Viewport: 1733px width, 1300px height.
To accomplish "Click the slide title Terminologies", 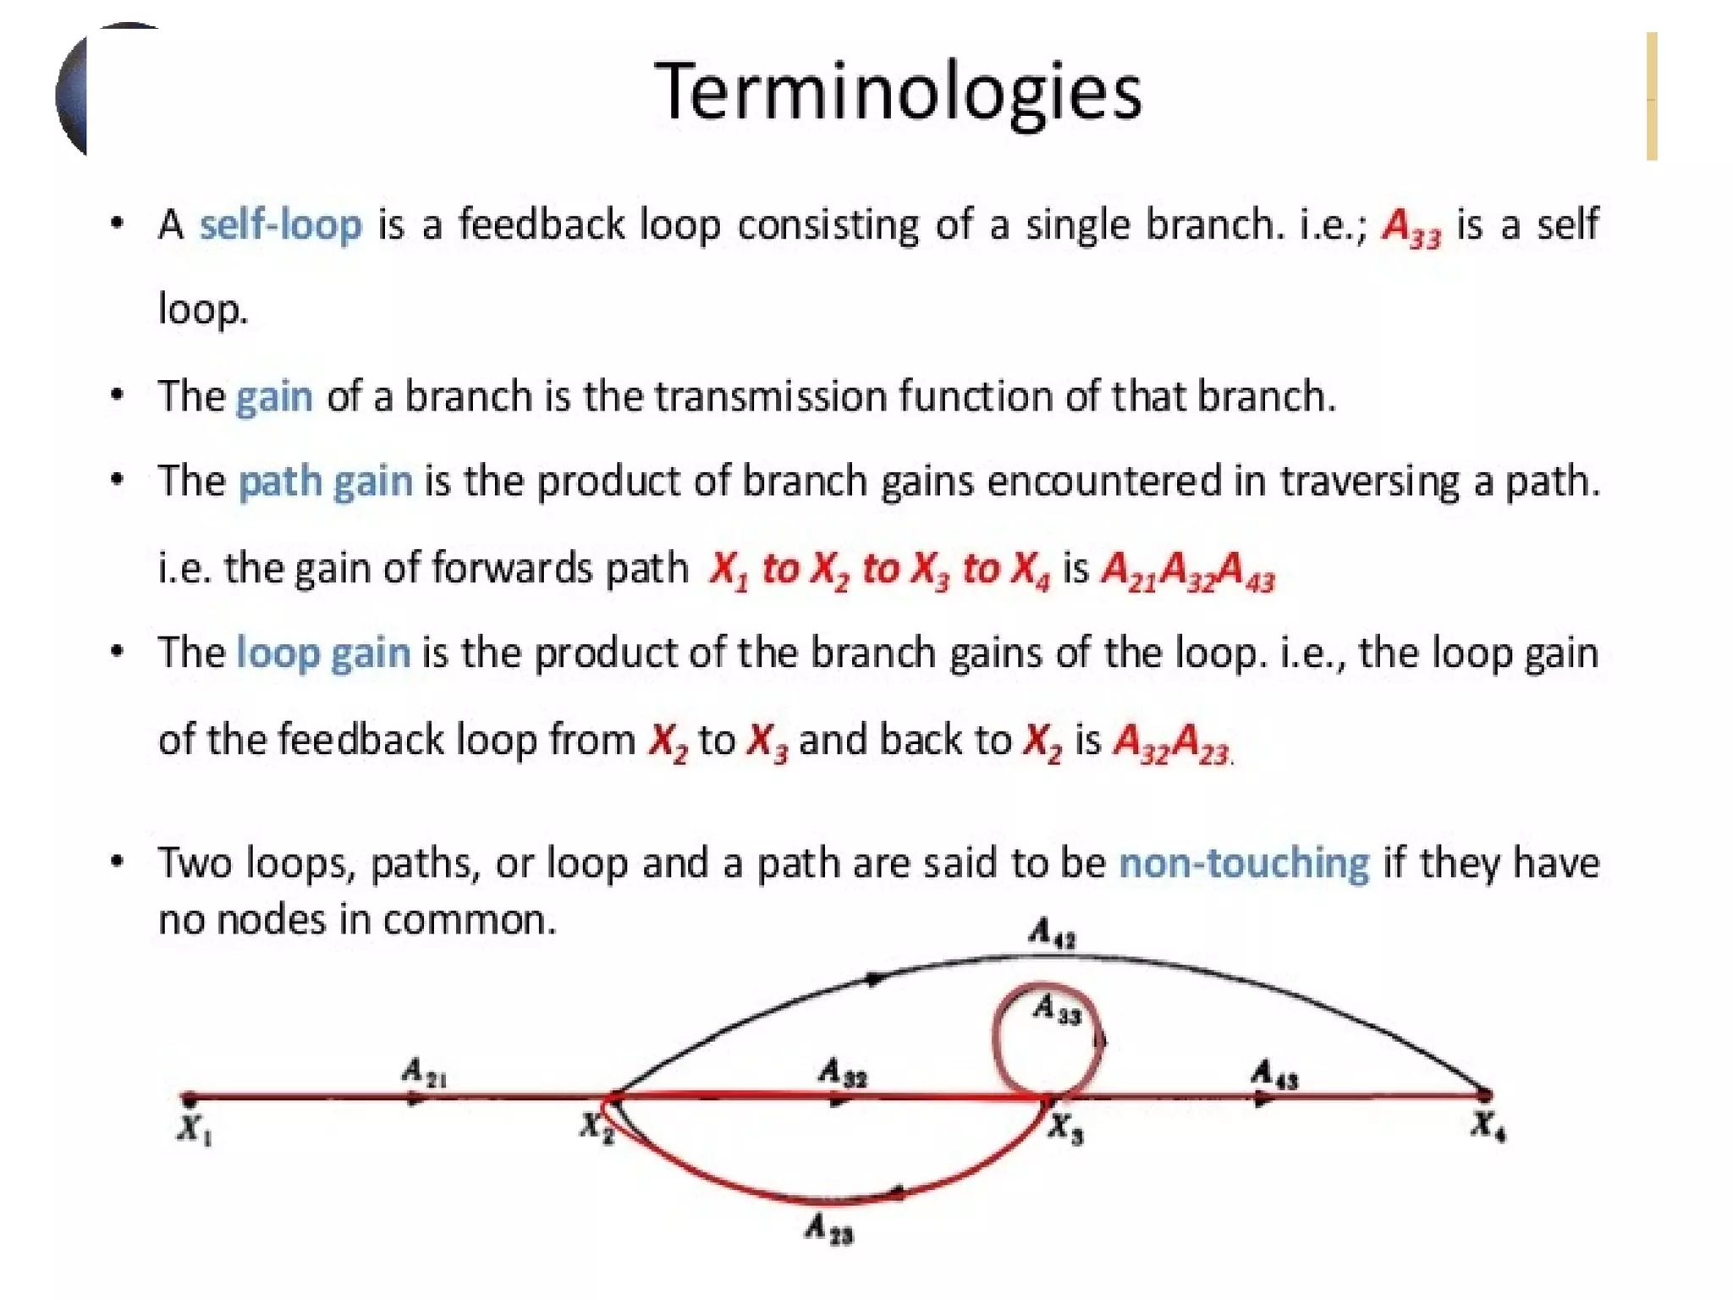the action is coord(898,92).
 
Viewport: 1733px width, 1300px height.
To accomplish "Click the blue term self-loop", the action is coord(280,225).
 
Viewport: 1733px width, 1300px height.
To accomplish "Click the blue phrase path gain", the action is coord(326,482).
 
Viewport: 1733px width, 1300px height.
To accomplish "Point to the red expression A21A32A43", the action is coord(1187,570).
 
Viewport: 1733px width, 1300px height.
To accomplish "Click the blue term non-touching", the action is coord(1244,863).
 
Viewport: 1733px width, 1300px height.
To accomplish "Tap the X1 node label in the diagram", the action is coord(194,1129).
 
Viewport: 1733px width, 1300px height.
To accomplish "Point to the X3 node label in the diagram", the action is coord(1065,1128).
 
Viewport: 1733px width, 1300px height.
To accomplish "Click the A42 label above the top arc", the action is coord(1052,934).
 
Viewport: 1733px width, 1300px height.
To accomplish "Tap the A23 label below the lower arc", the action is coord(829,1228).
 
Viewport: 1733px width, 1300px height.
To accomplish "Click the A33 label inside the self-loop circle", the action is coord(1057,1009).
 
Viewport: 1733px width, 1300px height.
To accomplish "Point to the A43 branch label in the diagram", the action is coord(1274,1074).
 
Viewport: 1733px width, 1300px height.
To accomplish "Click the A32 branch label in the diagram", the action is coord(843,1073).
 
